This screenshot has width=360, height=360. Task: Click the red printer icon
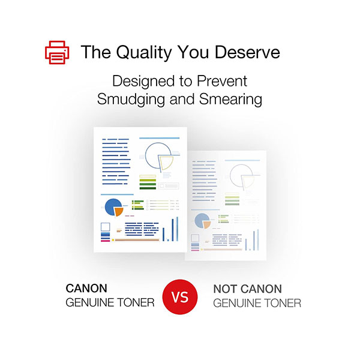57,52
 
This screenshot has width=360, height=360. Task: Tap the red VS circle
180,296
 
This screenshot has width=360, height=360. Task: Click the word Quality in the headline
144,53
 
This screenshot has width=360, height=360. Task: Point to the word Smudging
131,100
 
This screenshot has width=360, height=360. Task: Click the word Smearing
230,100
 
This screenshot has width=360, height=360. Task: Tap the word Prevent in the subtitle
222,81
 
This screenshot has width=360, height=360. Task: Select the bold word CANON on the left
86,289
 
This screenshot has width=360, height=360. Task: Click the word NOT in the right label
226,289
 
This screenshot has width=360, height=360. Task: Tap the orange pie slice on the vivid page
119,212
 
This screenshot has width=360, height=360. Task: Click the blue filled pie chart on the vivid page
113,207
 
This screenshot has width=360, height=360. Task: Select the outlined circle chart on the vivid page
158,155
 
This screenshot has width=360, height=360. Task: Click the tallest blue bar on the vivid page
177,229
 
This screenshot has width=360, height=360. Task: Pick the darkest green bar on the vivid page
148,188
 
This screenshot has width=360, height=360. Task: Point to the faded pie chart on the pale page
202,221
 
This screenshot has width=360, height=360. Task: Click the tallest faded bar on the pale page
258,239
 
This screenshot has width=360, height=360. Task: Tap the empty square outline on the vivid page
106,227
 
